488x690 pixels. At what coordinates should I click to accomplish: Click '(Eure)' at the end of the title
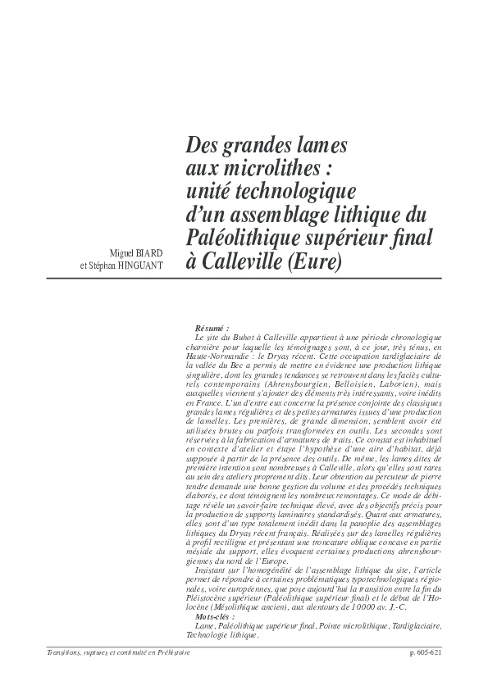coord(312,261)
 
